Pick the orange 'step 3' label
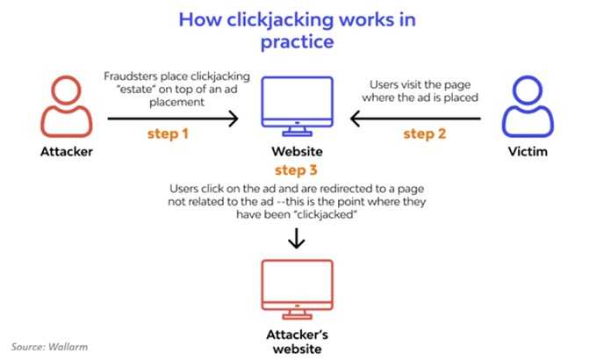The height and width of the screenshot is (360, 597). tap(298, 169)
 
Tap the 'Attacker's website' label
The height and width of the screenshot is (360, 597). tap(298, 340)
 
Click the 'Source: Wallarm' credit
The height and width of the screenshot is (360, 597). tap(50, 348)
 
